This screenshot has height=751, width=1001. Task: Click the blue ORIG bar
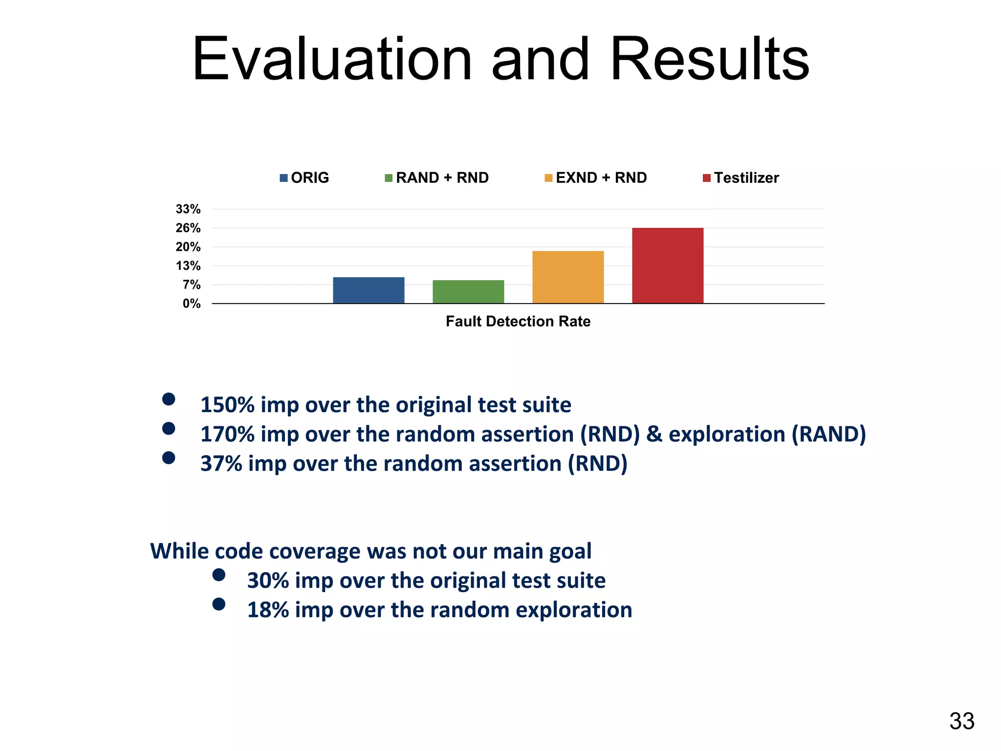(369, 290)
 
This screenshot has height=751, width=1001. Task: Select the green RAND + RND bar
(468, 292)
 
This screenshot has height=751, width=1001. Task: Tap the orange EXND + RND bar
(568, 277)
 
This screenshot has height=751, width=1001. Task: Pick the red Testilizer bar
(668, 265)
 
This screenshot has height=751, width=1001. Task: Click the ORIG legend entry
(305, 178)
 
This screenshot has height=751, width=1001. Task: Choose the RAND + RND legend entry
(437, 178)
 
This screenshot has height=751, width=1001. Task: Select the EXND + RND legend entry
(596, 178)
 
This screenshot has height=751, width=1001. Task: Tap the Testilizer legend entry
(741, 178)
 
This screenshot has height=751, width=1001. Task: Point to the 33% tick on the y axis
(189, 209)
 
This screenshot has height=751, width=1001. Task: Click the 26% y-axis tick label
(189, 228)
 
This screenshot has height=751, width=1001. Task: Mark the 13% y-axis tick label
(189, 266)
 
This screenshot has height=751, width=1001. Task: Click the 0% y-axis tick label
(192, 304)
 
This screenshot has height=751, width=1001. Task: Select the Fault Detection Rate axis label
(518, 321)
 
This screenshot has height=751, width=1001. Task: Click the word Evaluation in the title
(332, 59)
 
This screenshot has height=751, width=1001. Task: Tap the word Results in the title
(710, 59)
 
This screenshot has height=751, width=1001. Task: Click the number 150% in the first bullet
(227, 405)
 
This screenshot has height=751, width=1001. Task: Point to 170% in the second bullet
(227, 434)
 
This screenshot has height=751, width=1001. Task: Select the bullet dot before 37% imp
(169, 458)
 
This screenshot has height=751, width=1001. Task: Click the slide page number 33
(962, 721)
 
